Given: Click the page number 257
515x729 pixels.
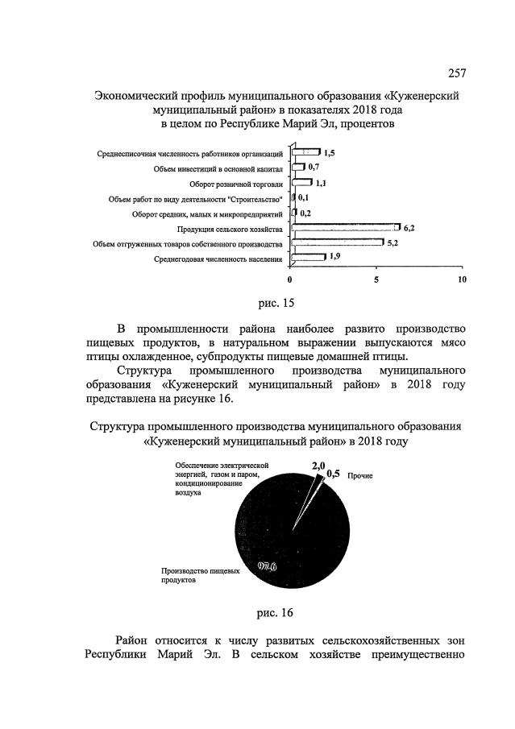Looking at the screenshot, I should tap(456, 73).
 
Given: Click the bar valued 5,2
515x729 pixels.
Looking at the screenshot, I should tap(337, 242).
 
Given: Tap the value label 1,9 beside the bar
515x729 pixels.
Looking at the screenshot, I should tap(334, 257).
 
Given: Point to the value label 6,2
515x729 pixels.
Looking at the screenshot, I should tap(409, 228).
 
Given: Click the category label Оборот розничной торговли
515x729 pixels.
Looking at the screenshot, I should tap(239, 184).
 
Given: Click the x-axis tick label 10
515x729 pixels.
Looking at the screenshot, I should tap(462, 280).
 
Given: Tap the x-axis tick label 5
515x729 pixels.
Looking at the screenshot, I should tap(376, 280).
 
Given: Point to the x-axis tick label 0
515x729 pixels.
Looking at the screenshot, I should tap(290, 280).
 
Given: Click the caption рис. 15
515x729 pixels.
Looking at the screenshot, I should tap(276, 303).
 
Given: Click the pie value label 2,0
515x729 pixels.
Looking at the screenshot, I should tap(318, 465).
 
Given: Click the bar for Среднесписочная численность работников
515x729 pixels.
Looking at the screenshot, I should tap(305, 152).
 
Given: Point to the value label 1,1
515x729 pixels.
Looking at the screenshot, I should tap(320, 184).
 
